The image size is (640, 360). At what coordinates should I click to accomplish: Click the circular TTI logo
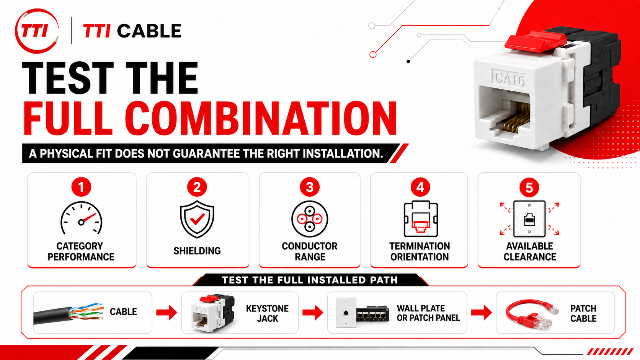click(37, 31)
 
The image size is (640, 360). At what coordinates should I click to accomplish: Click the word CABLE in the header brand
click(149, 31)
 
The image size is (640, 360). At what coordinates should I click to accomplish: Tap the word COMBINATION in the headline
click(261, 118)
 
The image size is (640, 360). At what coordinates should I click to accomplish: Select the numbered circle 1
click(81, 187)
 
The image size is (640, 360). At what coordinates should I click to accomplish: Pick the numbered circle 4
click(420, 187)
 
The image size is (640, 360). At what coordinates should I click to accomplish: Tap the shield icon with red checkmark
click(197, 219)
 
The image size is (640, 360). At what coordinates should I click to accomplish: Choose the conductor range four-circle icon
click(310, 219)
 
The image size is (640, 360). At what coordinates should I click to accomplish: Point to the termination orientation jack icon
click(420, 219)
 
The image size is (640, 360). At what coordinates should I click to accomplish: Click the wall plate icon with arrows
click(529, 219)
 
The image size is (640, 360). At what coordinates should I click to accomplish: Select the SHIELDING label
click(197, 251)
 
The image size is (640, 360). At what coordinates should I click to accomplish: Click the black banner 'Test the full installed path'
click(310, 280)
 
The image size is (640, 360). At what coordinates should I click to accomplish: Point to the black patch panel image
click(372, 314)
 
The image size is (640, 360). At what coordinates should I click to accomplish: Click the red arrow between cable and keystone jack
click(167, 312)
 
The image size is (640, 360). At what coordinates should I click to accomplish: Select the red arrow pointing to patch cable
click(482, 312)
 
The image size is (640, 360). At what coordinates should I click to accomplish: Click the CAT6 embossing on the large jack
click(509, 78)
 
